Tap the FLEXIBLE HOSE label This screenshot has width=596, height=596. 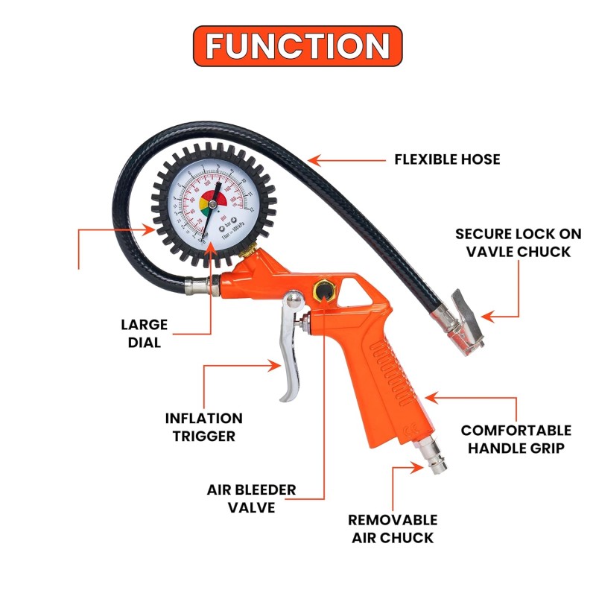point(447,159)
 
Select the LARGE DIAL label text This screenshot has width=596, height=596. point(144,334)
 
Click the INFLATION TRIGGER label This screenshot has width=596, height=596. point(204,427)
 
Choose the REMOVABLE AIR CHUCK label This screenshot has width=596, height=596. point(393,528)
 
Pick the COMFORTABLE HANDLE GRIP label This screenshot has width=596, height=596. point(516,440)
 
